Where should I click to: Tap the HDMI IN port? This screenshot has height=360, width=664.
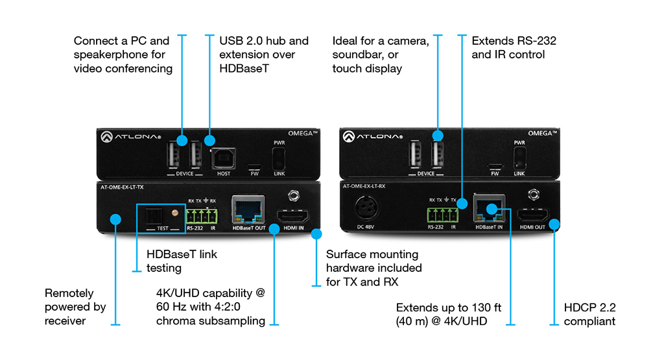(x=293, y=215)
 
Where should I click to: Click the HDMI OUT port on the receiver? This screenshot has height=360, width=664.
(x=532, y=215)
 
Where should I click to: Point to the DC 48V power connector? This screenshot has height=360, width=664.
(x=367, y=210)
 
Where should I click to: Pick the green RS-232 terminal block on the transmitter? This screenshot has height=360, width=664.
(x=201, y=215)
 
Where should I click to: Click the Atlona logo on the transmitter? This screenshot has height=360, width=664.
(x=121, y=138)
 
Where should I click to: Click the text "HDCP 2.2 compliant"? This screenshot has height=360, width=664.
(x=589, y=314)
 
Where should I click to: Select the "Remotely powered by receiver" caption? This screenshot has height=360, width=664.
(x=75, y=307)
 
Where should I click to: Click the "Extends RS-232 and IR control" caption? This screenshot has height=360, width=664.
(x=514, y=47)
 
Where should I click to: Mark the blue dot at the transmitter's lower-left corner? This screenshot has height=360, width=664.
(x=115, y=219)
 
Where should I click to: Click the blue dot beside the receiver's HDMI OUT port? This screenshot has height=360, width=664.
(x=554, y=224)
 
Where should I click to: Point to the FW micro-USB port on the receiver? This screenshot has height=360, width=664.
(x=495, y=165)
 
